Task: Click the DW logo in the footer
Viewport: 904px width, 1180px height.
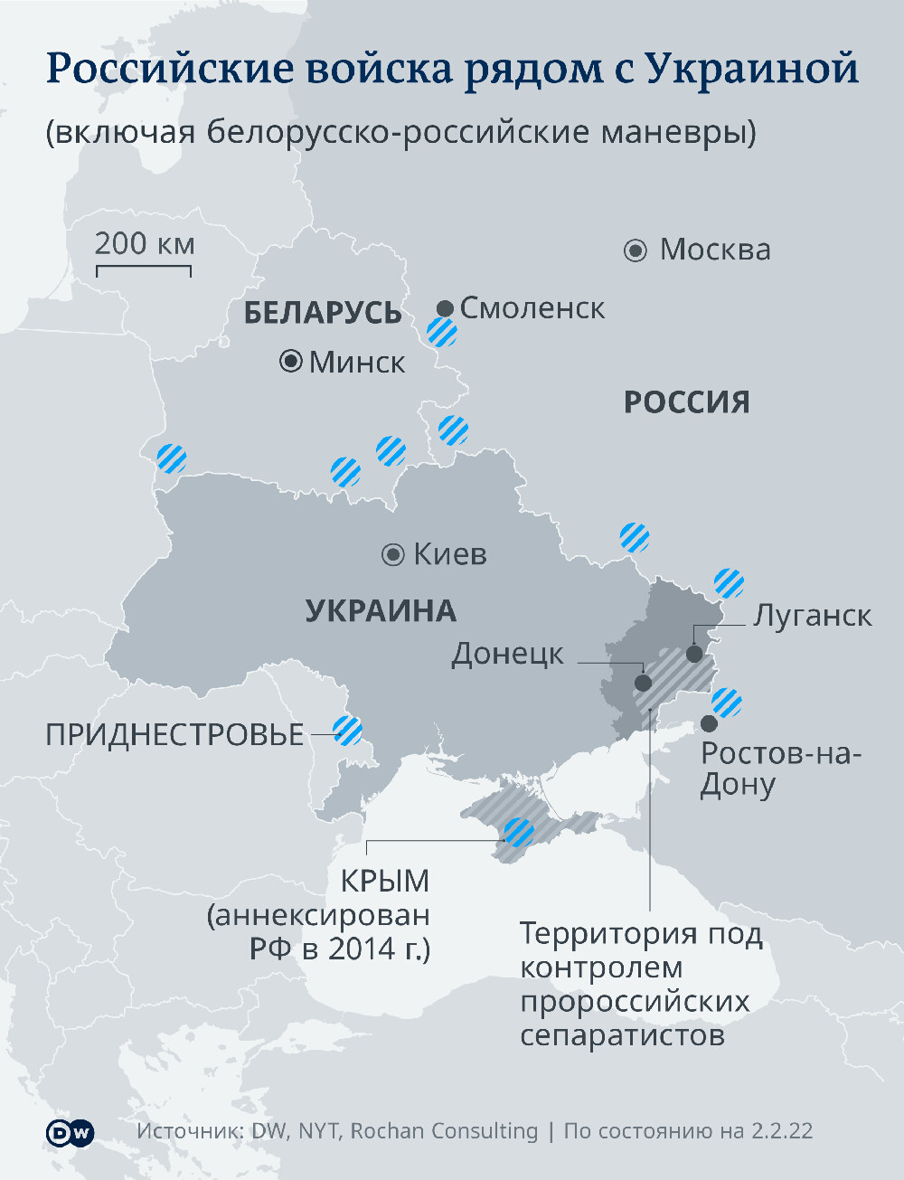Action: pos(70,1132)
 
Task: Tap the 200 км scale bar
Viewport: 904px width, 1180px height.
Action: pos(143,269)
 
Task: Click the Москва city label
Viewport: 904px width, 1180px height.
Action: pos(714,250)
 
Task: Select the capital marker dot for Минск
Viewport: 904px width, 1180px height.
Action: pos(291,362)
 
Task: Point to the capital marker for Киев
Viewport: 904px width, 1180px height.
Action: pos(393,554)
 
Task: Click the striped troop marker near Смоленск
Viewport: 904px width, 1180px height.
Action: pos(442,333)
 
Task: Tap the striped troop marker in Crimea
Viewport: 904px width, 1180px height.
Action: pos(519,832)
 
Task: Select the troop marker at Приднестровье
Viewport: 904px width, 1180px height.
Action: pos(348,730)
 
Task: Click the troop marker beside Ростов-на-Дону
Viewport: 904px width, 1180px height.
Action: pos(727,702)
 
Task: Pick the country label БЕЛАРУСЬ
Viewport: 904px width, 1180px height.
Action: pos(323,313)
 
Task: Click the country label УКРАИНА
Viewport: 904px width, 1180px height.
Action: pos(381,611)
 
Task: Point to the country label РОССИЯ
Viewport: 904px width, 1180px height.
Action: pos(687,402)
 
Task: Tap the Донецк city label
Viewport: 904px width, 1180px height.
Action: pos(507,654)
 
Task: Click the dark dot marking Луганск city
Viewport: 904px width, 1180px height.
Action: pos(694,653)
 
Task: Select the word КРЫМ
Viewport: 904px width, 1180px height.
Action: pos(384,881)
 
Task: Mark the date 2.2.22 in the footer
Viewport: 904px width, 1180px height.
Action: pos(781,1131)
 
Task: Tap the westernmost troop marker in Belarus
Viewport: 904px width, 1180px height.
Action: pos(171,458)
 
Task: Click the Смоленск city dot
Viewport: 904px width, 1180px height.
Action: pos(445,309)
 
